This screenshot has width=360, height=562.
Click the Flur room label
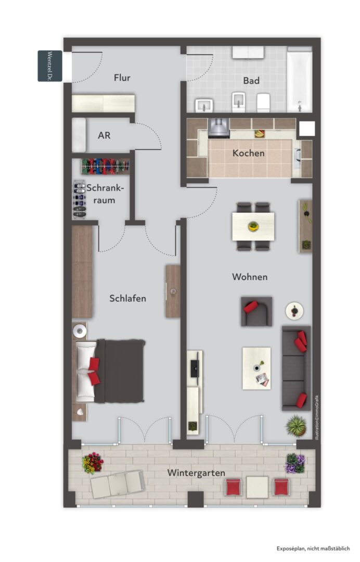pyautogui.click(x=122, y=78)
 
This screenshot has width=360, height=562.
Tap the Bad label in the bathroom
pyautogui.click(x=251, y=81)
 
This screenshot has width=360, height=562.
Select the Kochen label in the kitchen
pyautogui.click(x=248, y=153)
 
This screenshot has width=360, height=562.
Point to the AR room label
pyautogui.click(x=104, y=135)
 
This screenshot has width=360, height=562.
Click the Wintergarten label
pyautogui.click(x=196, y=473)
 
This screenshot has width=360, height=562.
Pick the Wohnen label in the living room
pyautogui.click(x=250, y=277)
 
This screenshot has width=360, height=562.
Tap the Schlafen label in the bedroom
pyautogui.click(x=127, y=298)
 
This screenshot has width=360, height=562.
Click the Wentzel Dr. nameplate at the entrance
pyautogui.click(x=50, y=66)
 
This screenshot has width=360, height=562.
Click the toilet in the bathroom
pyautogui.click(x=263, y=103)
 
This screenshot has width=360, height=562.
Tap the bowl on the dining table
pyautogui.click(x=253, y=226)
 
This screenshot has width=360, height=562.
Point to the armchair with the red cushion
pyautogui.click(x=256, y=311)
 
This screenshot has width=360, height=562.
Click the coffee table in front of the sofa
pyautogui.click(x=256, y=368)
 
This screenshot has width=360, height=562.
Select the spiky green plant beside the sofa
pyautogui.click(x=296, y=426)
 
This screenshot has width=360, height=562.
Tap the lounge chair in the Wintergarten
pyautogui.click(x=118, y=484)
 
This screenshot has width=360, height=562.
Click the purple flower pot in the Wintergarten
pyautogui.click(x=295, y=463)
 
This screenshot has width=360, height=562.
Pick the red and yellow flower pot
pyautogui.click(x=93, y=463)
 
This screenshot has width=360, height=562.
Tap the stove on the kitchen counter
pyautogui.click(x=218, y=128)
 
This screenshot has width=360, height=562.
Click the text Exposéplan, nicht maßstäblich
pyautogui.click(x=313, y=548)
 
